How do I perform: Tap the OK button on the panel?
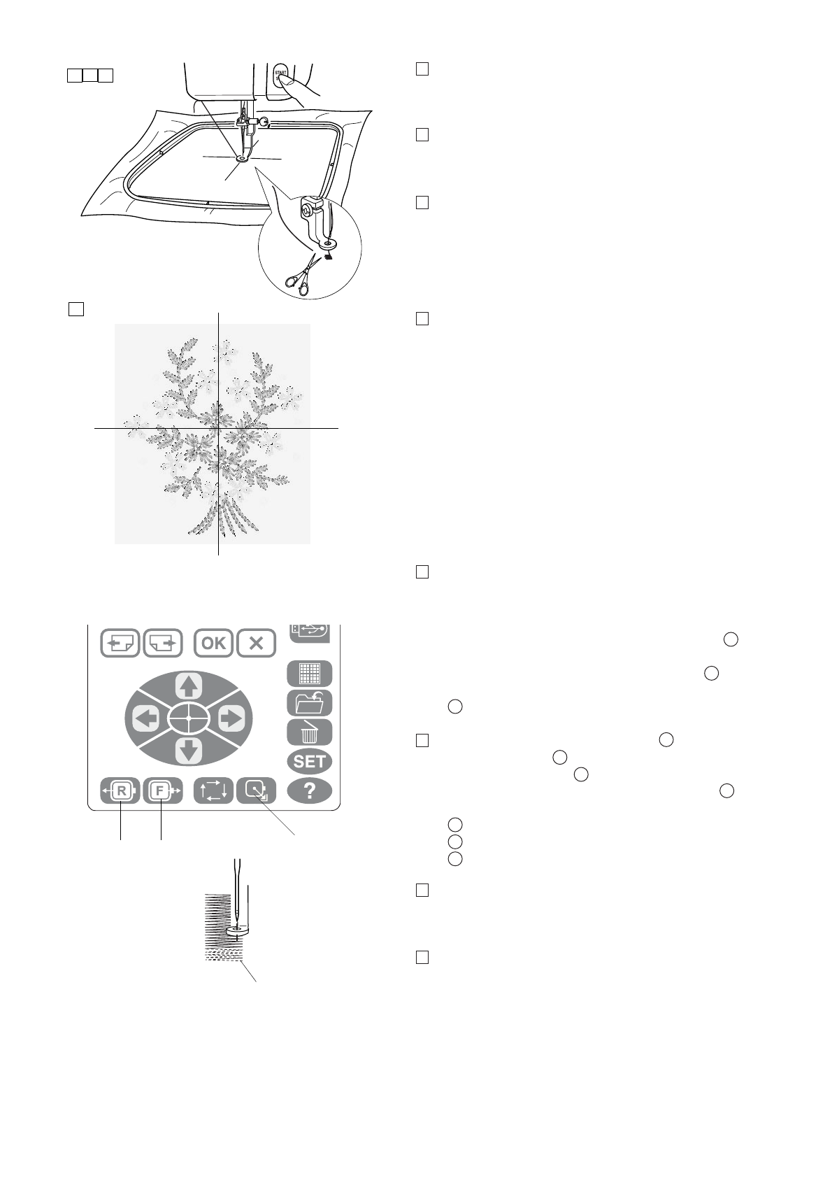coord(213,643)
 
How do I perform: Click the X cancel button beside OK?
coord(256,643)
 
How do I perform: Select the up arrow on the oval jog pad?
coord(188,686)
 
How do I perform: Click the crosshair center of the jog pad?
coord(188,718)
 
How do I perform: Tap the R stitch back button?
coord(121,791)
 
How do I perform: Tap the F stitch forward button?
coord(162,791)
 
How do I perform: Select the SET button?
coord(309,762)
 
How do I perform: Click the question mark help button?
coord(309,791)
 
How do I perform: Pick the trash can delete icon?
coord(309,732)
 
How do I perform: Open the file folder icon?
coord(309,703)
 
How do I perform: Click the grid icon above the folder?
coord(309,674)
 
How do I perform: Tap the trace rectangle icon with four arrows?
coord(213,791)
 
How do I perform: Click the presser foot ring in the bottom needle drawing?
coord(236,931)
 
